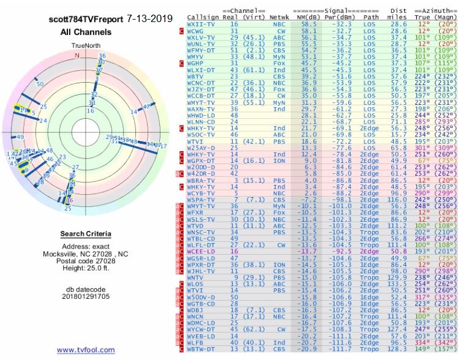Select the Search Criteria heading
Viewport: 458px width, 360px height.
85,234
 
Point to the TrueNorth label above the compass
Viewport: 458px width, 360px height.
86,46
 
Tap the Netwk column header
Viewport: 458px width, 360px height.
280,17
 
